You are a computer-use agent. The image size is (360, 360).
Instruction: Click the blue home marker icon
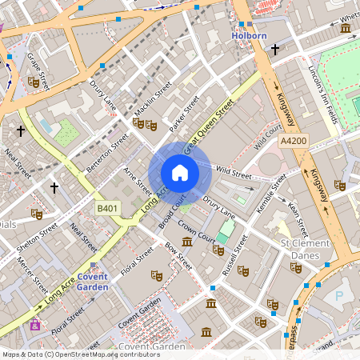point(180,173)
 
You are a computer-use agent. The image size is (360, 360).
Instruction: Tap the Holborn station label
point(248,36)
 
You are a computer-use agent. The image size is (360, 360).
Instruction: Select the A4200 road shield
point(294,140)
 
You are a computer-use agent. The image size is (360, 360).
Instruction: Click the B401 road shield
point(107,208)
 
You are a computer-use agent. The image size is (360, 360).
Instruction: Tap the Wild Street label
point(234,173)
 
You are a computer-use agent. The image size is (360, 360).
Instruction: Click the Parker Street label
point(185,113)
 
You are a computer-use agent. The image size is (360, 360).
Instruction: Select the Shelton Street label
point(37,239)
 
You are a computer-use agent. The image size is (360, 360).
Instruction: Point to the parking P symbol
point(338,295)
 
